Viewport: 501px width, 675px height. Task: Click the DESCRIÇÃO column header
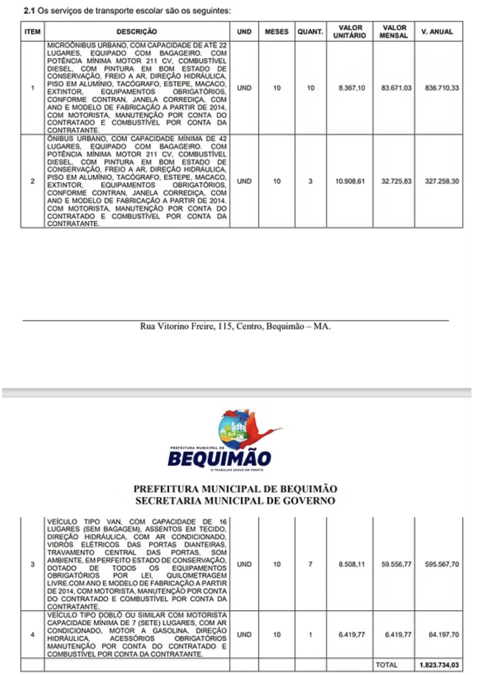137,32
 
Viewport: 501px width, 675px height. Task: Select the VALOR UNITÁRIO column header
350,32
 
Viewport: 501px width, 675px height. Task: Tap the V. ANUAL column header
437,32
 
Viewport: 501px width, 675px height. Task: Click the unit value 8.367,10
352,88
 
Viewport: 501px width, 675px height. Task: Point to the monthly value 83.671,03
396,88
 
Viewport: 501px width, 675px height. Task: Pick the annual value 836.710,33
442,88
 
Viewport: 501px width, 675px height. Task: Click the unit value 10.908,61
350,181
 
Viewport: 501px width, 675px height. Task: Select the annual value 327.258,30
442,181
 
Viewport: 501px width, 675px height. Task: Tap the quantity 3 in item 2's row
310,181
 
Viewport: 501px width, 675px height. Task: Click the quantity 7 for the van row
310,564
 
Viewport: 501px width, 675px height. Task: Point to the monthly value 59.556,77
396,564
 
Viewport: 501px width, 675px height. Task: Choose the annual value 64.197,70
444,635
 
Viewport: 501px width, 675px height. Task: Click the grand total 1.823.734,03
439,665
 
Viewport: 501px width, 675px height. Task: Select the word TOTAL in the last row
386,665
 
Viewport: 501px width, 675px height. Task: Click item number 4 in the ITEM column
32,635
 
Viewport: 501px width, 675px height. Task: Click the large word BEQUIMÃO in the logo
219,459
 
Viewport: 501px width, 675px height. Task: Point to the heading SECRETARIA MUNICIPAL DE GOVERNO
235,501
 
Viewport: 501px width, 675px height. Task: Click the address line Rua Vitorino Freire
235,326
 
